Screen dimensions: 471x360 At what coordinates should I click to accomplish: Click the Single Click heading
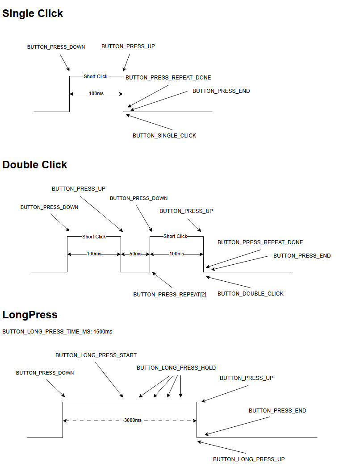33,13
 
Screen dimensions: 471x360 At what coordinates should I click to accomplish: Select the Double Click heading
35,165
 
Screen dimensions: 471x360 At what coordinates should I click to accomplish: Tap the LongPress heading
30,315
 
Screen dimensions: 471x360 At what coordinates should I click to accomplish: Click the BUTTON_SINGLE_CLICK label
164,136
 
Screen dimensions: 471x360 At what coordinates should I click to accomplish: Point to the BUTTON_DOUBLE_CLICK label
250,294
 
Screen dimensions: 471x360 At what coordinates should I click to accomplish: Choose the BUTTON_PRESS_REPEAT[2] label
170,295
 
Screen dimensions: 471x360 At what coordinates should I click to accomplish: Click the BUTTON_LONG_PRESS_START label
96,355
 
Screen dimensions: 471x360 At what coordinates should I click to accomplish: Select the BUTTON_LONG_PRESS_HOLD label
176,368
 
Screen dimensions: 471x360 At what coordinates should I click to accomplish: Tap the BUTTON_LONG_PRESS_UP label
249,459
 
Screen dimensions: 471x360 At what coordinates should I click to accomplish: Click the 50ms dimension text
135,254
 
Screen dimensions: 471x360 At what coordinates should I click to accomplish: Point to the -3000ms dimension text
132,421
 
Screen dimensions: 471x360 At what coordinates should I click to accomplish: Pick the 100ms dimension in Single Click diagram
96,94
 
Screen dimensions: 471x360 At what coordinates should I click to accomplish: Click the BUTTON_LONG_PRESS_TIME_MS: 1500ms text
57,332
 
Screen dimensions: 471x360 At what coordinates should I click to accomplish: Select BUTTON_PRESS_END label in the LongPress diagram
277,411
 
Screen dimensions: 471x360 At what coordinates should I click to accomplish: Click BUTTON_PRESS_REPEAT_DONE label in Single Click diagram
168,78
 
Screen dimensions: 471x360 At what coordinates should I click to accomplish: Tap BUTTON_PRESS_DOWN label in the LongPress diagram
45,373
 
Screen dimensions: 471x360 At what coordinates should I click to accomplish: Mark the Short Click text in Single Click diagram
96,76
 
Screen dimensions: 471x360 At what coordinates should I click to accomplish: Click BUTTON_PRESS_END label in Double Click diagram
302,256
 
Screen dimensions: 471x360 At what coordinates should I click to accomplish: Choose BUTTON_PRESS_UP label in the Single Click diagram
128,46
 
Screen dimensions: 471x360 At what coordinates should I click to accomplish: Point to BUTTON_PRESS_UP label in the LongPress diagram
247,378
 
